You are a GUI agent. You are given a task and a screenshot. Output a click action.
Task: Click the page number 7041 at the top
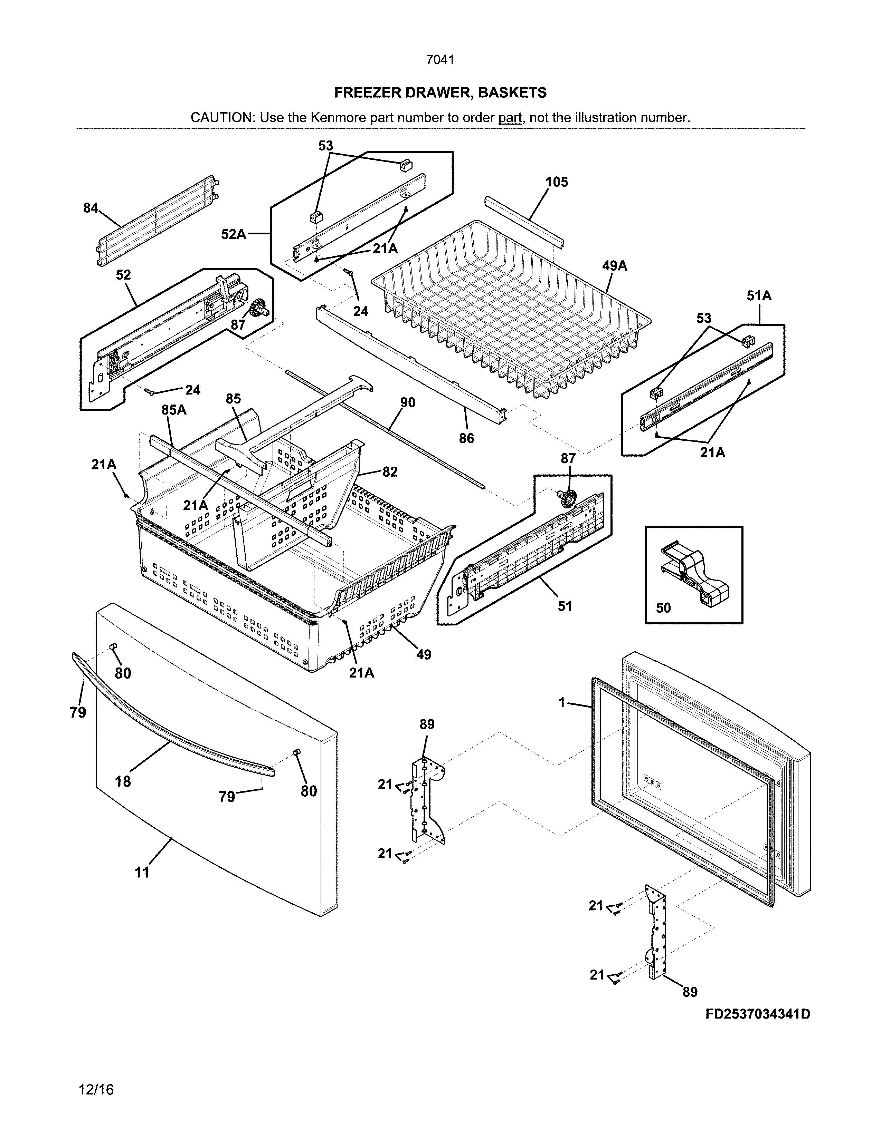tap(440, 60)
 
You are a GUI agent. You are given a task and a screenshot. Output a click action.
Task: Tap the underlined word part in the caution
tap(510, 118)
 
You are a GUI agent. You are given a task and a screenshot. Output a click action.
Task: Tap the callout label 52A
tap(233, 234)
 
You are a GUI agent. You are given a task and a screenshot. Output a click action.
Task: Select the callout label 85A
tap(174, 410)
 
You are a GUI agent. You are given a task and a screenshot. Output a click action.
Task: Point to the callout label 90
tap(408, 402)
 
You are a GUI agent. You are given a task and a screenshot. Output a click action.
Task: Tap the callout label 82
tap(390, 471)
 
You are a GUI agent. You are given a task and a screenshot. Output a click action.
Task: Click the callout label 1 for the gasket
tap(562, 702)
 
